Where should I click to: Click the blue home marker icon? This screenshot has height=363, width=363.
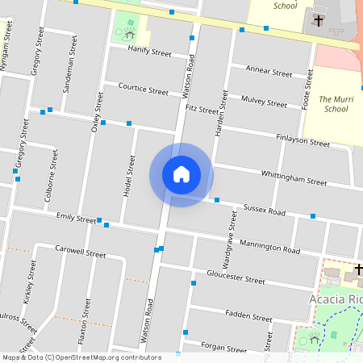pyautogui.click(x=181, y=174)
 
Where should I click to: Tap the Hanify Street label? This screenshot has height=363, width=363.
pyautogui.click(x=150, y=52)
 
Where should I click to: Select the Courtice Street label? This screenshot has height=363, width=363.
pyautogui.click(x=143, y=88)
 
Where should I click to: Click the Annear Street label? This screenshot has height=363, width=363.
pyautogui.click(x=269, y=73)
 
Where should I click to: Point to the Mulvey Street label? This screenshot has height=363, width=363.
pyautogui.click(x=264, y=102)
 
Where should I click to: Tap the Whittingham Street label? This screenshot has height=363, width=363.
pyautogui.click(x=294, y=178)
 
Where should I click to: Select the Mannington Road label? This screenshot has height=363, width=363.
pyautogui.click(x=269, y=248)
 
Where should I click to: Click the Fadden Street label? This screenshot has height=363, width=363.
pyautogui.click(x=249, y=315)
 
